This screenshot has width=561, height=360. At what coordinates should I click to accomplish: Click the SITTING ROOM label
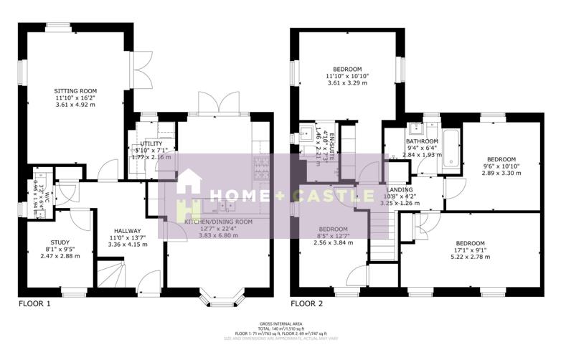pyautogui.click(x=75, y=90)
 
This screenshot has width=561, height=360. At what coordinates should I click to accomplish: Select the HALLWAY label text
pyautogui.click(x=127, y=230)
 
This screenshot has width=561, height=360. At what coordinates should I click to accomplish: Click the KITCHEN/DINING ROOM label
pyautogui.click(x=219, y=222)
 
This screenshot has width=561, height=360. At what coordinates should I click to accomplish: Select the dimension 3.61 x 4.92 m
pyautogui.click(x=75, y=105)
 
